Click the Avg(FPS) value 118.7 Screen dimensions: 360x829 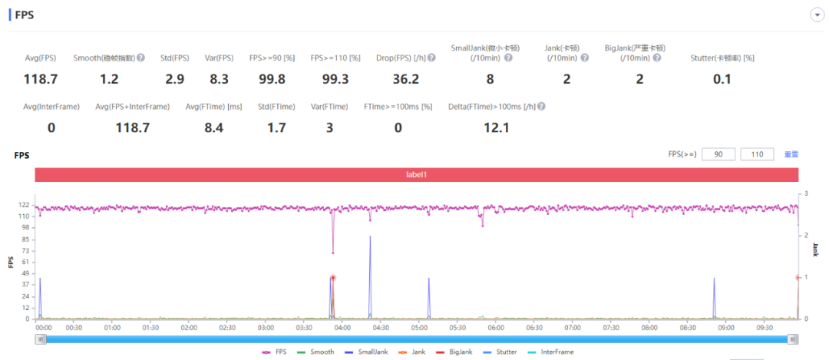click(x=41, y=79)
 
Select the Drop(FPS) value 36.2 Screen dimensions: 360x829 click(x=405, y=79)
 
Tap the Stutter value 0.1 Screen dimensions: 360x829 click(x=722, y=79)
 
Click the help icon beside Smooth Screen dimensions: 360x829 click(x=140, y=58)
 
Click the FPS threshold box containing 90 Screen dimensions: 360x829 click(x=718, y=154)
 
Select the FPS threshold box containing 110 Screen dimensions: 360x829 click(x=757, y=154)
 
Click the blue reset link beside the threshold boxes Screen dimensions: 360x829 click(x=791, y=154)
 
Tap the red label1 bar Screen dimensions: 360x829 click(x=416, y=174)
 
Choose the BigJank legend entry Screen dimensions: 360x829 click(x=455, y=352)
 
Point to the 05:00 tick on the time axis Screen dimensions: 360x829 click(x=419, y=328)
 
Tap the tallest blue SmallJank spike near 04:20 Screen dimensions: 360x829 click(x=370, y=237)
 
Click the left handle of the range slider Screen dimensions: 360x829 click(x=41, y=339)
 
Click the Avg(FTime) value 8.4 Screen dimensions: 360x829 click(x=213, y=127)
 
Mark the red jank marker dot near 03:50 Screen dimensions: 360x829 click(x=333, y=278)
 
